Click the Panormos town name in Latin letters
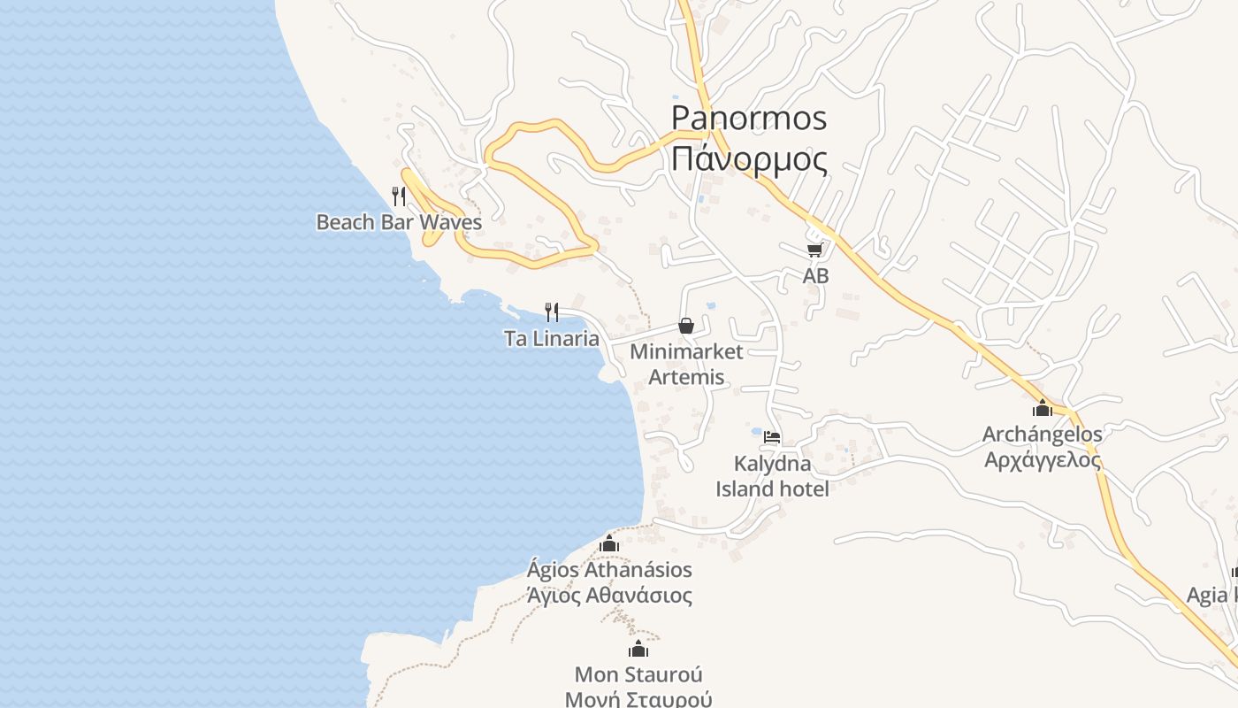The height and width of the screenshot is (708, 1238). click(749, 118)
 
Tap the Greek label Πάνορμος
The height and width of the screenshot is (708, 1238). click(749, 160)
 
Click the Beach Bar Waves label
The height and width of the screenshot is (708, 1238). click(399, 222)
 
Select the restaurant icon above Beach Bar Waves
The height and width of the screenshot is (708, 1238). click(399, 196)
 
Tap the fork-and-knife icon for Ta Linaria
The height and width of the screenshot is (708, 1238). click(552, 312)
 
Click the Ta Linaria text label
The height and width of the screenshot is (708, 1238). click(552, 339)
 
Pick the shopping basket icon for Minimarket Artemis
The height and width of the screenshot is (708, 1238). click(686, 326)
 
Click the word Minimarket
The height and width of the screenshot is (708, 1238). click(686, 351)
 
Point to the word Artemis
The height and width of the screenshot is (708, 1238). click(686, 377)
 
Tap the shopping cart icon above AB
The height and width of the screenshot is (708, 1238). click(814, 250)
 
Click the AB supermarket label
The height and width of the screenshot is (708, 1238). click(815, 276)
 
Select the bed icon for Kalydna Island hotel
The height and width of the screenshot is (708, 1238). click(772, 437)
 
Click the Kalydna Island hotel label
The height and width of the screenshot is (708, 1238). click(772, 476)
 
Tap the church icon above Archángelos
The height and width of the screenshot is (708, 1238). click(1043, 408)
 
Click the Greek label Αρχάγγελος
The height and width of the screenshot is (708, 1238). click(1043, 459)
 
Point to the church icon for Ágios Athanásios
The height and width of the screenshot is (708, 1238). click(608, 543)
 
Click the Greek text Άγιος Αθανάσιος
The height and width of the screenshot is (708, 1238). click(609, 595)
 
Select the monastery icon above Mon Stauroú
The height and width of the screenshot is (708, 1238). click(638, 650)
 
